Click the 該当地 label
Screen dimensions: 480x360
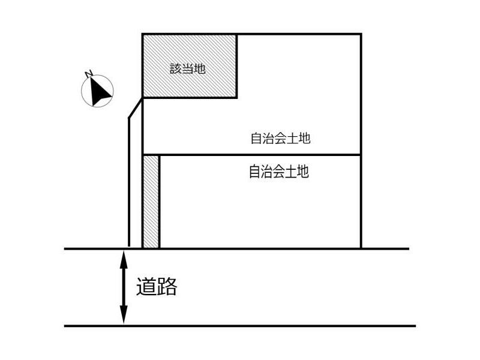(x=187, y=68)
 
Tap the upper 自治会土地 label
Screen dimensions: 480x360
(x=280, y=138)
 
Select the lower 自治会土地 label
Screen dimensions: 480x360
(x=279, y=172)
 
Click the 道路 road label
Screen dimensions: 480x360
(x=157, y=287)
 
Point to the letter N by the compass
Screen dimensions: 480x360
(x=88, y=74)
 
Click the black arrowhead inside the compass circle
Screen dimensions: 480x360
(x=100, y=91)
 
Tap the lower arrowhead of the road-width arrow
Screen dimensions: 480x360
(x=124, y=314)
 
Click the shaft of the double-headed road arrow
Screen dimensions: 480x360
(x=124, y=287)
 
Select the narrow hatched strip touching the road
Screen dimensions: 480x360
(x=151, y=202)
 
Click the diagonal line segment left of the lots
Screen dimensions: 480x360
(x=136, y=107)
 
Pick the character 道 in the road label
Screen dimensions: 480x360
(x=146, y=287)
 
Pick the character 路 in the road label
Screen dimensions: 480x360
(x=167, y=287)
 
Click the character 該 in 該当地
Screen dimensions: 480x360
(x=176, y=68)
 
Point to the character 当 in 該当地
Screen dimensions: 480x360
(x=188, y=68)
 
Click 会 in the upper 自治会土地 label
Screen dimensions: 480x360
(x=280, y=138)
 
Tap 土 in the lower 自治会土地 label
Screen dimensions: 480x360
(x=291, y=172)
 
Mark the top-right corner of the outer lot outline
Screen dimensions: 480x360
(x=362, y=34)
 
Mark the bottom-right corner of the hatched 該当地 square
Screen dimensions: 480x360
(x=236, y=97)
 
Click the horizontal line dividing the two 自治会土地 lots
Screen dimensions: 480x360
(x=252, y=155)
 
